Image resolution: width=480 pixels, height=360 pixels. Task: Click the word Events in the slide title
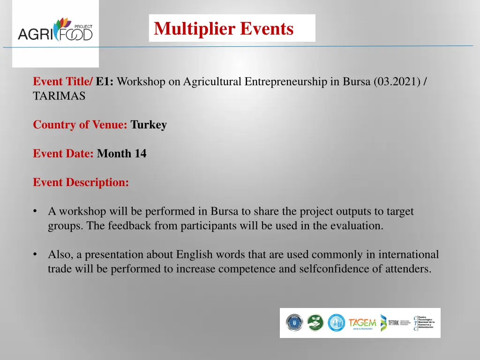(267, 29)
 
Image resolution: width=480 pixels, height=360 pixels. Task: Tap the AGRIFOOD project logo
(55, 30)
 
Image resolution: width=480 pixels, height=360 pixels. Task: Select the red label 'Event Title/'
(63, 82)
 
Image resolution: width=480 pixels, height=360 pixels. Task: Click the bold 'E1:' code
(105, 82)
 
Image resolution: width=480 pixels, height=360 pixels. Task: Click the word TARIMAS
(59, 96)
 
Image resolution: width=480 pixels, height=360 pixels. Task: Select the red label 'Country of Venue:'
(80, 125)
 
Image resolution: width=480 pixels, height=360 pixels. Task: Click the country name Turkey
(149, 125)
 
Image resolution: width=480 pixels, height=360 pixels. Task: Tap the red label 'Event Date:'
(63, 154)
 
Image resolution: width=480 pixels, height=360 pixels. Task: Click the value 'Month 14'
(121, 154)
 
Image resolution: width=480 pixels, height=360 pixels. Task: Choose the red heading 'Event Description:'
(81, 182)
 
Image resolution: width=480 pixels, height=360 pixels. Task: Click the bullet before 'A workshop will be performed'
(36, 211)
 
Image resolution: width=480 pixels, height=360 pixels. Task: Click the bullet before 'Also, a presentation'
(36, 255)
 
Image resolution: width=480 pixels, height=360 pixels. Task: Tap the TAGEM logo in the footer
(362, 323)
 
